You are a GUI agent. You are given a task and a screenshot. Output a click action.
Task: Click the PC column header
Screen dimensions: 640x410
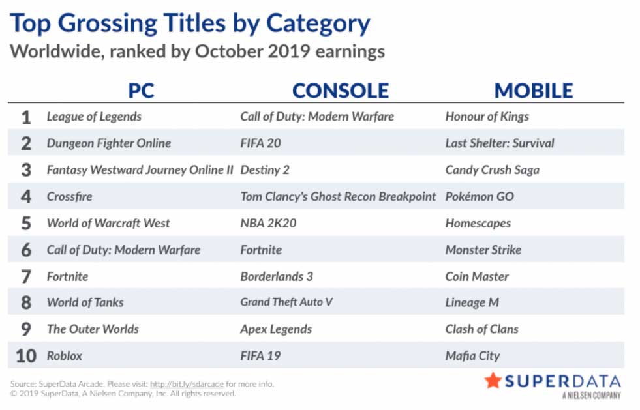click(x=141, y=91)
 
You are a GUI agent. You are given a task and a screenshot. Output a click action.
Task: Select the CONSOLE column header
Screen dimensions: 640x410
click(x=341, y=91)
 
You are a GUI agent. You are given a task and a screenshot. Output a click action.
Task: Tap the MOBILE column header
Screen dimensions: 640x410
click(x=534, y=91)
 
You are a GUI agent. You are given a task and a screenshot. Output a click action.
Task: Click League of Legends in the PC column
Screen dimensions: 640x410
click(x=95, y=117)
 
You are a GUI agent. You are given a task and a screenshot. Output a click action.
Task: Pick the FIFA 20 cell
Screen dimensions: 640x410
click(x=260, y=143)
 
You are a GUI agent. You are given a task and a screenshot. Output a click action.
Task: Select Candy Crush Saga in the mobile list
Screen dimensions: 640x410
click(x=493, y=169)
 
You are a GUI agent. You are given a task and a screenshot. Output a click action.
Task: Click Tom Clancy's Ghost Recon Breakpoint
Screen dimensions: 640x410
click(x=338, y=197)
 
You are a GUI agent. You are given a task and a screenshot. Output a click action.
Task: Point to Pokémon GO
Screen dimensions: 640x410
click(x=480, y=197)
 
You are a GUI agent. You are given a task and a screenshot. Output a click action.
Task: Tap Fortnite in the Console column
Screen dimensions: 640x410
click(x=261, y=250)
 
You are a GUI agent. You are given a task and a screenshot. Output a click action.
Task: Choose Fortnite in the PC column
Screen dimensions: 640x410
click(x=67, y=276)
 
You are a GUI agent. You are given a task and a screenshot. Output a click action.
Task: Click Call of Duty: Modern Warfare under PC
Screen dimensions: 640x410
click(x=124, y=250)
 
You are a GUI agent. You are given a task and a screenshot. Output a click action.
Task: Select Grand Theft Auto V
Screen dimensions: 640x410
click(x=286, y=302)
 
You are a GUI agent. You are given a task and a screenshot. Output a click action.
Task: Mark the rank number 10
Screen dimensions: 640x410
click(x=26, y=356)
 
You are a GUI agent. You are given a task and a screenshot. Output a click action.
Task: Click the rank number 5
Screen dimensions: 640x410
click(x=26, y=223)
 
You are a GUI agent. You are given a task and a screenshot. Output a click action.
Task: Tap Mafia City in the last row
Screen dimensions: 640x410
click(x=472, y=356)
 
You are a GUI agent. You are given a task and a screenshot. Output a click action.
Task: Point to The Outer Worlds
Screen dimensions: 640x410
click(x=93, y=329)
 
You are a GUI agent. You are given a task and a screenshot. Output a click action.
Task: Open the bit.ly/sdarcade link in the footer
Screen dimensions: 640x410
click(x=187, y=384)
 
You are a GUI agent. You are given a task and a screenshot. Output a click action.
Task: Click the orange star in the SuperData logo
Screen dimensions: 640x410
click(x=493, y=380)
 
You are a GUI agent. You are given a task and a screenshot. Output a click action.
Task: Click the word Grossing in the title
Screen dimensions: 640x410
click(x=142, y=23)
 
